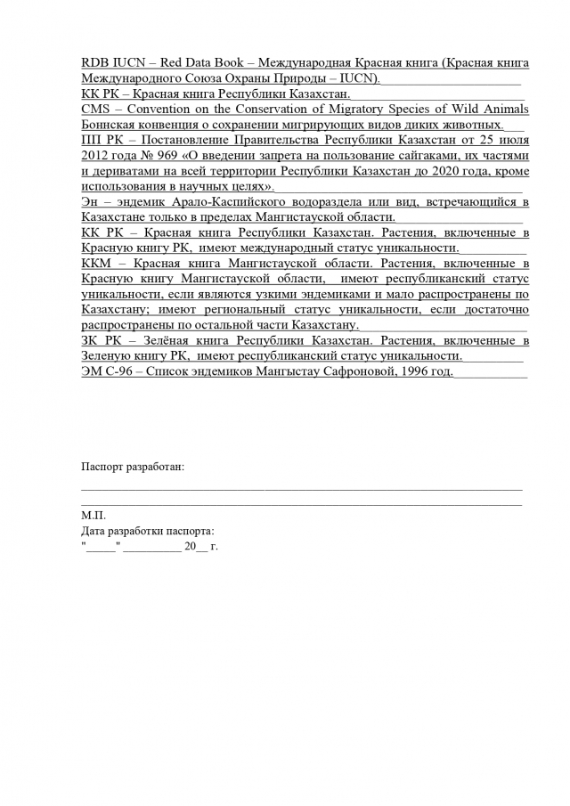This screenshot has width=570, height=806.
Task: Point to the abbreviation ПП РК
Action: click(x=97, y=141)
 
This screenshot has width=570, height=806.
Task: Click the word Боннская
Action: click(x=111, y=125)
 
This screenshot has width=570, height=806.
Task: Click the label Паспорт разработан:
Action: click(x=133, y=467)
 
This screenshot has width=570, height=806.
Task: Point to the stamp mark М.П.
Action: click(x=93, y=516)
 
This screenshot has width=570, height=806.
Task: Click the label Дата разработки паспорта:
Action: click(x=147, y=532)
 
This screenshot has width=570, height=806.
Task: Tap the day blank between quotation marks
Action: click(x=101, y=547)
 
